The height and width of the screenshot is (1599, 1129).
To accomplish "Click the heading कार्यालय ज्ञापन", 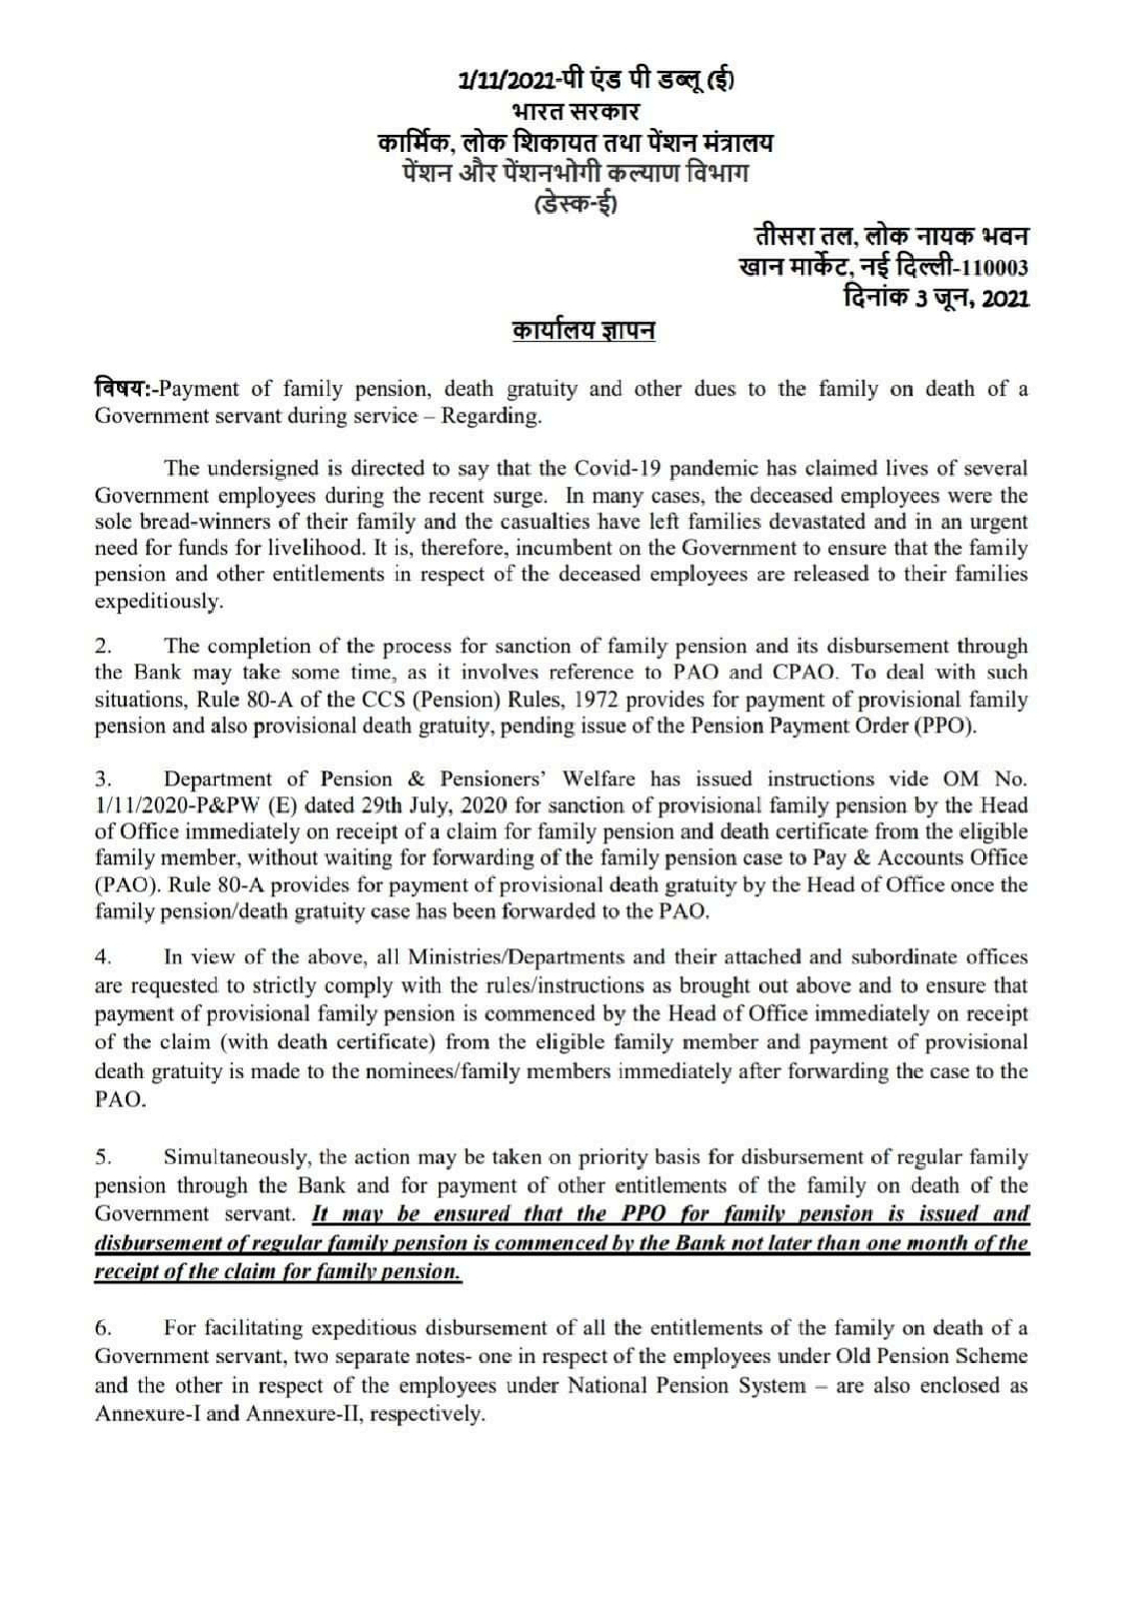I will click(x=583, y=331).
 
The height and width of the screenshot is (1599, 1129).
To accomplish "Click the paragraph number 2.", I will click(x=102, y=646).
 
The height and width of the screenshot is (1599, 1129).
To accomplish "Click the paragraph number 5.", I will click(x=102, y=1157).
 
